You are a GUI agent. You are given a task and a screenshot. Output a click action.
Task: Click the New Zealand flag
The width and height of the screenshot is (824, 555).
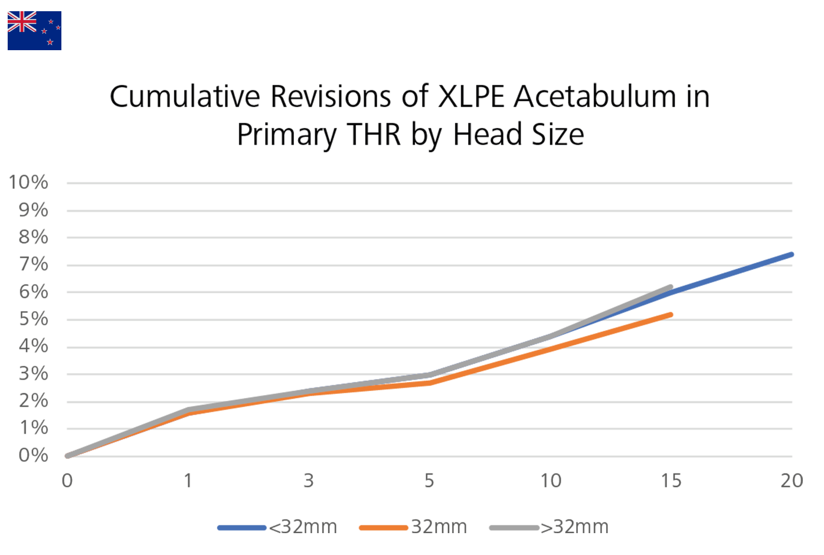pyautogui.click(x=34, y=31)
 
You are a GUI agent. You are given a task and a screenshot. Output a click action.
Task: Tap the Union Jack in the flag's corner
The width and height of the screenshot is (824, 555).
pyautogui.click(x=22, y=22)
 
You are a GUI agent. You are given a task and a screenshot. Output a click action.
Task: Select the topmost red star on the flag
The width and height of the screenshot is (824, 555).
pyautogui.click(x=51, y=22)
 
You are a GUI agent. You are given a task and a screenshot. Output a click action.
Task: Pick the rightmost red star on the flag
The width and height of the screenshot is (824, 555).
pyautogui.click(x=58, y=27)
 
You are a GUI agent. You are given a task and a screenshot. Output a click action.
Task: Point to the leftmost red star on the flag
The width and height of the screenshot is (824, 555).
pyautogui.click(x=44, y=31)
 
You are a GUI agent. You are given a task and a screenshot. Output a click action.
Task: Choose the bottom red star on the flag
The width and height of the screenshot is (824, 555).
pyautogui.click(x=50, y=42)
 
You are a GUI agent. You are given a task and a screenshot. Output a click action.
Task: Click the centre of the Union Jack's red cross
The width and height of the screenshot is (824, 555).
pyautogui.click(x=22, y=22)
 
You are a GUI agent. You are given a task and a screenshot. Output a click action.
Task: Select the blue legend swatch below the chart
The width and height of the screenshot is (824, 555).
pyautogui.click(x=236, y=511)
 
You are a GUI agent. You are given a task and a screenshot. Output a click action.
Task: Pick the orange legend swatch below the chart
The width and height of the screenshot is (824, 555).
pyautogui.click(x=378, y=511)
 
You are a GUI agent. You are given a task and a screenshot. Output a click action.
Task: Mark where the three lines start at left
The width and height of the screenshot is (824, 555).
pyautogui.click(x=64, y=453)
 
